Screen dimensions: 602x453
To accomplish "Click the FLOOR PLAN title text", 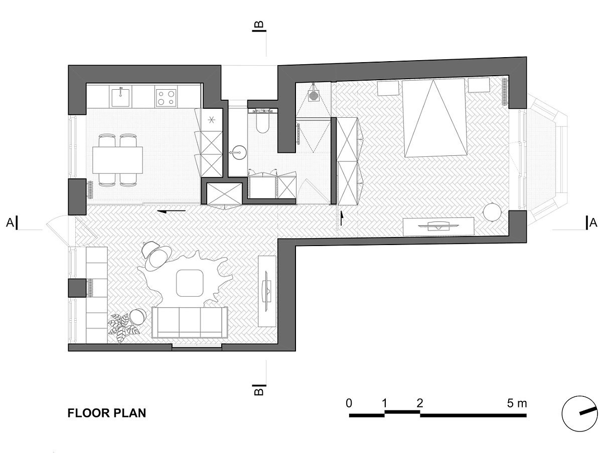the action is click(x=107, y=413).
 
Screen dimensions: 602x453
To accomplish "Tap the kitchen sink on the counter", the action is click(x=120, y=96).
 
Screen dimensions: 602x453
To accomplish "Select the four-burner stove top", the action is click(x=166, y=98).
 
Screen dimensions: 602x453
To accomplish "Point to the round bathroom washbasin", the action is click(x=237, y=152).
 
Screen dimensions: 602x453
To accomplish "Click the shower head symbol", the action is click(x=313, y=96).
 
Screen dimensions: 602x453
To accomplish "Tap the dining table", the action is click(x=118, y=160).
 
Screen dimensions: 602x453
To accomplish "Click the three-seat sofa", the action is click(x=190, y=323).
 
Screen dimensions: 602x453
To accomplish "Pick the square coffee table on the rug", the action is click(x=190, y=283).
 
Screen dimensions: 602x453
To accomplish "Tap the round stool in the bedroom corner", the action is click(x=492, y=211).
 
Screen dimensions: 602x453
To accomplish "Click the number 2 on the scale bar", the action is click(x=419, y=403).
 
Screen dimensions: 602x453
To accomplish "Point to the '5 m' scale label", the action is click(x=517, y=403).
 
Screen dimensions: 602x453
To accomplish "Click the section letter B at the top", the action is click(x=259, y=24).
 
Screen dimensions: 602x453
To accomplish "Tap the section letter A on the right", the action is click(x=593, y=223).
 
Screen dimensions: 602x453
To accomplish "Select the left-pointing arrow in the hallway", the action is click(x=172, y=211).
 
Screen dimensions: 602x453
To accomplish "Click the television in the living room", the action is click(x=267, y=291).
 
